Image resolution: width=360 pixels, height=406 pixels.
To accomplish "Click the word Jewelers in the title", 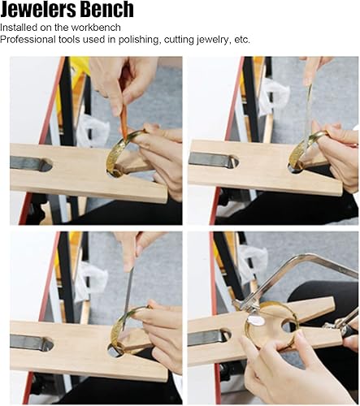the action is click(x=38, y=10).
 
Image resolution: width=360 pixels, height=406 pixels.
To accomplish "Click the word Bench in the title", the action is click(x=107, y=10).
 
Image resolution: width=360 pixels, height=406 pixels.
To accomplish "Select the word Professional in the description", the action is click(x=28, y=40).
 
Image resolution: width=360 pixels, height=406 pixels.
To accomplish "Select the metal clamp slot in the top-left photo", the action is click(x=31, y=164).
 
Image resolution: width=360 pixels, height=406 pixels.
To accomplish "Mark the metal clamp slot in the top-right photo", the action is click(x=214, y=160).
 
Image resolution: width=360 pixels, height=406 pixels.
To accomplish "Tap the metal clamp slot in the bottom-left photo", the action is click(x=32, y=343).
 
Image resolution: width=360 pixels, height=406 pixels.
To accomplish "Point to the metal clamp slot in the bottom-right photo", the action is click(x=209, y=337).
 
